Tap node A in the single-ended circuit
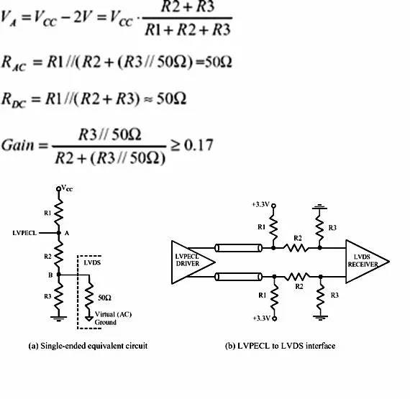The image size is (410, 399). (59, 233)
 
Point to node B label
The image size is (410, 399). (50, 275)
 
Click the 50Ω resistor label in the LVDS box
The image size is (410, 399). (104, 298)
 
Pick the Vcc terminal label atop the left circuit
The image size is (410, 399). (67, 188)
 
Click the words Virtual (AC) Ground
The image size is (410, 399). (113, 318)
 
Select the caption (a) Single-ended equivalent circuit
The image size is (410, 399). (88, 346)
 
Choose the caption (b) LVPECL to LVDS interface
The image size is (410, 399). (280, 346)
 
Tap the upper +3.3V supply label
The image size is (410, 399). (260, 204)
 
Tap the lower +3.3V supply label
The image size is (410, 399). (262, 318)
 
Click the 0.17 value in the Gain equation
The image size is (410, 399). (199, 145)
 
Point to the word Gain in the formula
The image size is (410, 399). (18, 145)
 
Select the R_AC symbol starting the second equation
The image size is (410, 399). (14, 63)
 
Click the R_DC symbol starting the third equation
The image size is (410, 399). (14, 100)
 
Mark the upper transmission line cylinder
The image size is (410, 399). (238, 248)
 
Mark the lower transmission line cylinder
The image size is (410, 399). (238, 277)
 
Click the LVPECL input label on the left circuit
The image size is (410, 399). (24, 233)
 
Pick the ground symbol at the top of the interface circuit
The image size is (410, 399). (319, 208)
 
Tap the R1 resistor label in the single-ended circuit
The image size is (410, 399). (47, 213)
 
